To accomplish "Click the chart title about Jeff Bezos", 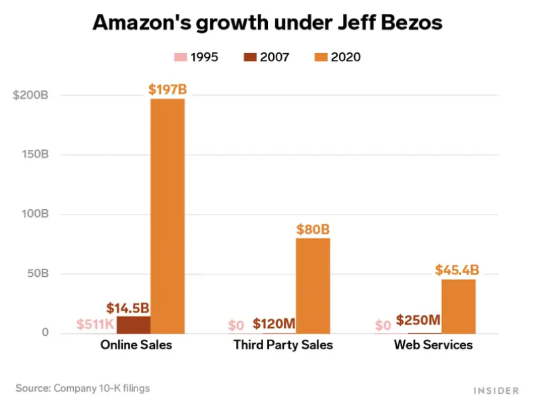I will pyautogui.click(x=267, y=23).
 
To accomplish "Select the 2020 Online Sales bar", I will pyautogui.click(x=167, y=216).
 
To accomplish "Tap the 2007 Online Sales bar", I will pyautogui.click(x=134, y=325).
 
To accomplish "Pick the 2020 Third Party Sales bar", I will pyautogui.click(x=312, y=285).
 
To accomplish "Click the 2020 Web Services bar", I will pyautogui.click(x=458, y=306).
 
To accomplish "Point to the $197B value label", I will pyautogui.click(x=167, y=89).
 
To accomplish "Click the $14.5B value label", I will pyautogui.click(x=128, y=308).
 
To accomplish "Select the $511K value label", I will pyautogui.click(x=95, y=325).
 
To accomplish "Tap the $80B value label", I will pyautogui.click(x=312, y=230).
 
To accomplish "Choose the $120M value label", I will pyautogui.click(x=273, y=325).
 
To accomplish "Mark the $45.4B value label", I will pyautogui.click(x=457, y=270).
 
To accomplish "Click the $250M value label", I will pyautogui.click(x=418, y=321).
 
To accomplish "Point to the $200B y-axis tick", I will pyautogui.click(x=31, y=95).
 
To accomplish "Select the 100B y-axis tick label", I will pyautogui.click(x=35, y=214).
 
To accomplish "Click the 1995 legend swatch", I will pyautogui.click(x=179, y=57).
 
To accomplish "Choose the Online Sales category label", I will pyautogui.click(x=136, y=345).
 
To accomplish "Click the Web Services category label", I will pyautogui.click(x=433, y=345).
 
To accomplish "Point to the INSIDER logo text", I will pyautogui.click(x=496, y=390).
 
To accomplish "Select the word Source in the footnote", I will pyautogui.click(x=33, y=388).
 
